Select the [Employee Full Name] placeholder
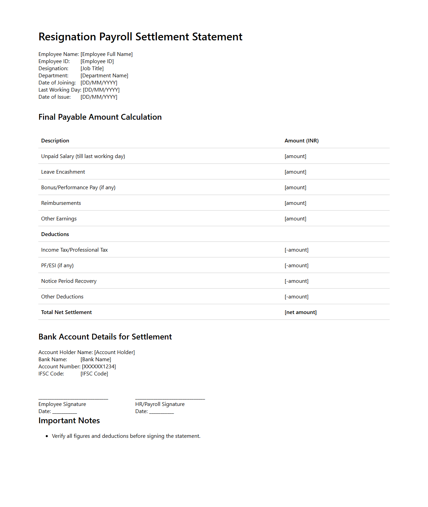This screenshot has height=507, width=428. [x=106, y=54]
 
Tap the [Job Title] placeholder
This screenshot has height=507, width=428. [x=92, y=69]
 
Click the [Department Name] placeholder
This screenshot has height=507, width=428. [x=104, y=76]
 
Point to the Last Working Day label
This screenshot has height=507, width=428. [x=60, y=90]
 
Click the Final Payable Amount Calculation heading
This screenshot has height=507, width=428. [x=100, y=117]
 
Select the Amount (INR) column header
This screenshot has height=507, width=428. [x=302, y=141]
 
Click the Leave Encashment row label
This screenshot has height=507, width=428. [x=63, y=172]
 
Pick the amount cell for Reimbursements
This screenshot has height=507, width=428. [x=295, y=203]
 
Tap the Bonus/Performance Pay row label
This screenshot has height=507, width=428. [x=78, y=188]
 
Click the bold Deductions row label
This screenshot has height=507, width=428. [x=55, y=234]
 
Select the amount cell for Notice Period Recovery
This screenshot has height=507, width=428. [x=297, y=281]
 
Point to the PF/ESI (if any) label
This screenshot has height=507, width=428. [x=57, y=266]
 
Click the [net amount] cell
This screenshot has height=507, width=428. [x=301, y=312]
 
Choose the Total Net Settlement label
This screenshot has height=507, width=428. [x=66, y=312]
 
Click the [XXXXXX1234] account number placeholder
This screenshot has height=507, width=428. [x=99, y=367]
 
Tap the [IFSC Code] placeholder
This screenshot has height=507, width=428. [x=94, y=374]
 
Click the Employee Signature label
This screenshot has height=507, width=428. [x=62, y=404]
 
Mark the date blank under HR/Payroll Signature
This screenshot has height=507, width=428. [x=161, y=412]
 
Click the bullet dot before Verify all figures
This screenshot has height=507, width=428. [x=47, y=436]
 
